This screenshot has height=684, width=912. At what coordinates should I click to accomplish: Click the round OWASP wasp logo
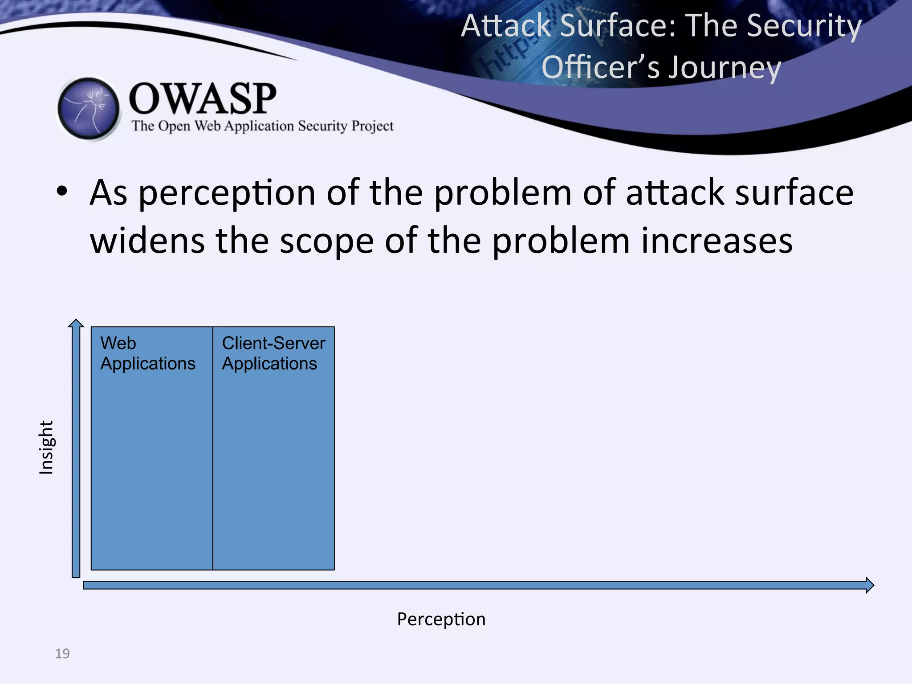pyautogui.click(x=89, y=109)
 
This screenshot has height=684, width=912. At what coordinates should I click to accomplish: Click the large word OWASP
pyautogui.click(x=203, y=99)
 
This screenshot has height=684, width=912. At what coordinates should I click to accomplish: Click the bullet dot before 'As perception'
pyautogui.click(x=62, y=191)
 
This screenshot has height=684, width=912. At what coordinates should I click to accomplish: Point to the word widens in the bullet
pyautogui.click(x=147, y=240)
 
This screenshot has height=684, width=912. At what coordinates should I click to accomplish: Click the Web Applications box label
pyautogui.click(x=147, y=353)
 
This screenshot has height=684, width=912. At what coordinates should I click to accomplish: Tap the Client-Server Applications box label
pyautogui.click(x=273, y=353)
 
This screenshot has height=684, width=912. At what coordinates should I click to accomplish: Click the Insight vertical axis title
pyautogui.click(x=46, y=447)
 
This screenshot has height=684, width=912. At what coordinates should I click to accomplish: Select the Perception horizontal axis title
pyautogui.click(x=441, y=619)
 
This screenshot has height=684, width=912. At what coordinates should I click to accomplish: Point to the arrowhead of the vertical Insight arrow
pyautogui.click(x=76, y=323)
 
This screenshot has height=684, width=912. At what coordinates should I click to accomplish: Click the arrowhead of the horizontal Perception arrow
pyautogui.click(x=870, y=585)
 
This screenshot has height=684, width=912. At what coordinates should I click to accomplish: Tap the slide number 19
pyautogui.click(x=62, y=653)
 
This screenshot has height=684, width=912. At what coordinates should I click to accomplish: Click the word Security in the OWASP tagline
pyautogui.click(x=322, y=126)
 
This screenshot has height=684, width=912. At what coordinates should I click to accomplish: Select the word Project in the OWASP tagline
pyautogui.click(x=372, y=126)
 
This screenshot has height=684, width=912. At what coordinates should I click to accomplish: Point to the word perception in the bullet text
pyautogui.click(x=227, y=193)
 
